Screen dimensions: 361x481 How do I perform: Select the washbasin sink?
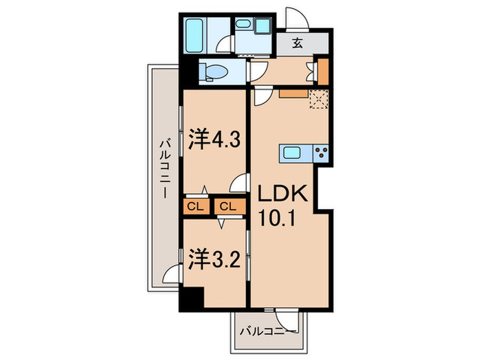tap(243, 24)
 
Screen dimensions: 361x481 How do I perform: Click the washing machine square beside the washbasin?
tap(262, 25)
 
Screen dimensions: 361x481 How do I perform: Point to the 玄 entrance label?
tap(297, 43)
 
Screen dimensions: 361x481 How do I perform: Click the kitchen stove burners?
tap(320, 153)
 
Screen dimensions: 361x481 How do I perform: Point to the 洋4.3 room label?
tap(213, 140)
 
